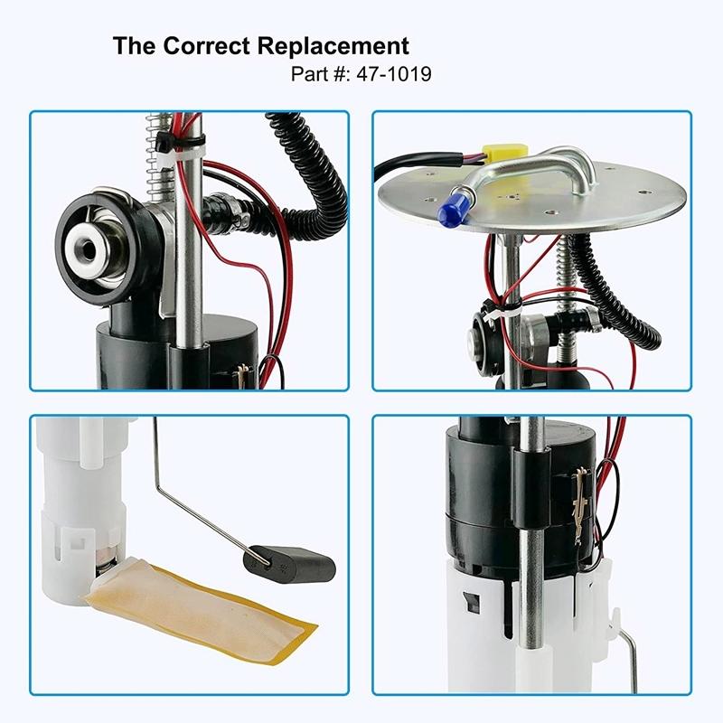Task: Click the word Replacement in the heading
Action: pos(333,46)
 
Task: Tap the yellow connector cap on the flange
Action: pos(503,155)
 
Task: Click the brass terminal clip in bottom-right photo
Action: pos(578,506)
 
